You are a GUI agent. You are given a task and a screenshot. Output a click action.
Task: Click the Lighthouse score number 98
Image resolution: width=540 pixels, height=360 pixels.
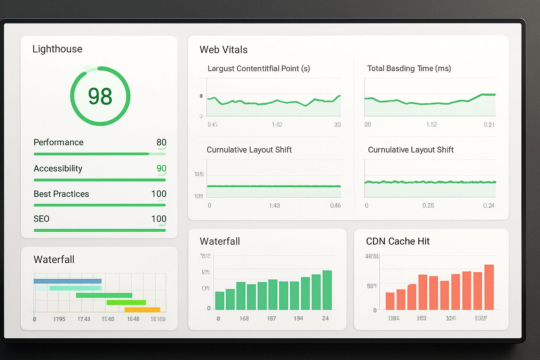click(x=100, y=96)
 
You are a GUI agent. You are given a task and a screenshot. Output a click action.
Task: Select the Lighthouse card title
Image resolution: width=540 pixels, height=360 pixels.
click(x=57, y=49)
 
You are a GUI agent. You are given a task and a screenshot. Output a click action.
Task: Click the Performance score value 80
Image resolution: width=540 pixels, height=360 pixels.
click(x=161, y=142)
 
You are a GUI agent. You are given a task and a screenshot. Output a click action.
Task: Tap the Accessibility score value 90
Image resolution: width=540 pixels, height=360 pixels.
click(x=161, y=168)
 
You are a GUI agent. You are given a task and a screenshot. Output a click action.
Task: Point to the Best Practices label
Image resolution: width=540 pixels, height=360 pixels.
click(x=61, y=194)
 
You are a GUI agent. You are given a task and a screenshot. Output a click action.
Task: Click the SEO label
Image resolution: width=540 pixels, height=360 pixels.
click(x=41, y=219)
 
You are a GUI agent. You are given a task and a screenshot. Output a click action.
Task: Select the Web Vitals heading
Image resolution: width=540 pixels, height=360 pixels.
click(x=224, y=50)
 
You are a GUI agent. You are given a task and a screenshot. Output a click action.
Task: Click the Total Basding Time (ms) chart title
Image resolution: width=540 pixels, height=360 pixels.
click(x=409, y=69)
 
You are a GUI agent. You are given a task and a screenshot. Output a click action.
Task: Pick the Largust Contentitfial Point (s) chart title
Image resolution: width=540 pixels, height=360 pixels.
click(x=259, y=69)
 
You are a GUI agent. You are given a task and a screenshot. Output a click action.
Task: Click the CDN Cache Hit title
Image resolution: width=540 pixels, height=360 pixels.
click(x=398, y=241)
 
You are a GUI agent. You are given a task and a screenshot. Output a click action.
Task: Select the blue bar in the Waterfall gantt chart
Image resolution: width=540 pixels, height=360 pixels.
click(x=67, y=281)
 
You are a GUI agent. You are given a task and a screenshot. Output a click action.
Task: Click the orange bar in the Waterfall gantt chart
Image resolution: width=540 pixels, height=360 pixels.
click(x=142, y=310)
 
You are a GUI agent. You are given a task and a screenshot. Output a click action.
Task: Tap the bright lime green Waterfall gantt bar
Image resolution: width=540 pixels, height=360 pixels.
click(x=126, y=302)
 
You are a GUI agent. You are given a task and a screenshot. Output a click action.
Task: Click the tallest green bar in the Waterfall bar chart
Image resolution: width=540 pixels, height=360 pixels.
click(x=327, y=290)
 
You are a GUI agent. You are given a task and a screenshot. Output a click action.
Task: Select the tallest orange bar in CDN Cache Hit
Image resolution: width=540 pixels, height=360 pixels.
click(x=489, y=287)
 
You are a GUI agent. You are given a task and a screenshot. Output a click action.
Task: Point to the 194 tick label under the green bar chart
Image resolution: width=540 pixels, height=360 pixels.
click(x=298, y=319)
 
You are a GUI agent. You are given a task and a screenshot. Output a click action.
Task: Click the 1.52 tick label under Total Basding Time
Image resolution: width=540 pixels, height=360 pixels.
click(x=431, y=124)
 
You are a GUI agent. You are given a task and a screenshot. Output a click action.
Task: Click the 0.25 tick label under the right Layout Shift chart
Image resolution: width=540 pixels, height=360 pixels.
click(x=428, y=206)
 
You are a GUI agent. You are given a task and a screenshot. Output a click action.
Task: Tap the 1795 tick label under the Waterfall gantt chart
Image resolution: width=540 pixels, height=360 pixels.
click(x=59, y=319)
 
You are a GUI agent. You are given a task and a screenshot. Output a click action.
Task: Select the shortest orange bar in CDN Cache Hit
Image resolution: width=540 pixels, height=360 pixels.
click(x=390, y=301)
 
